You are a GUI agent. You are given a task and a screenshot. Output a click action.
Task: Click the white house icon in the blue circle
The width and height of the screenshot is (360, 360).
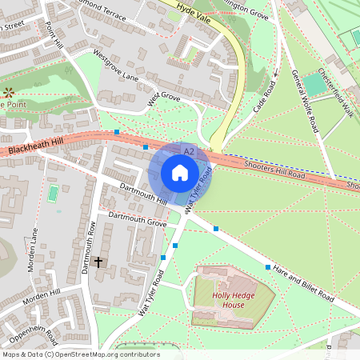pos(180,172)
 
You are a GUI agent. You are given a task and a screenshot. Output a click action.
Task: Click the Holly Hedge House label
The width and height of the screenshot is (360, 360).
pos(233,300)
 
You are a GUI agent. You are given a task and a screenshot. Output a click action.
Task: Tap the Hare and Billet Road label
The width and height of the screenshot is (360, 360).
pos(302,283)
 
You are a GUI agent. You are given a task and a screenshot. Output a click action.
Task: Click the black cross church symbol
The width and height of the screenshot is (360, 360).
pos(99,262)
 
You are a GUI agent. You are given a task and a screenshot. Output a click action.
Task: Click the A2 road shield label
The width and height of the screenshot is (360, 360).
pos(189,150)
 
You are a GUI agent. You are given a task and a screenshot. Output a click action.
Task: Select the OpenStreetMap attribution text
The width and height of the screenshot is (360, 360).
pos(81,354)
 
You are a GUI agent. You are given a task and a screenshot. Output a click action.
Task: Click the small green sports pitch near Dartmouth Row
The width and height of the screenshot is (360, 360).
pos(54,193)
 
